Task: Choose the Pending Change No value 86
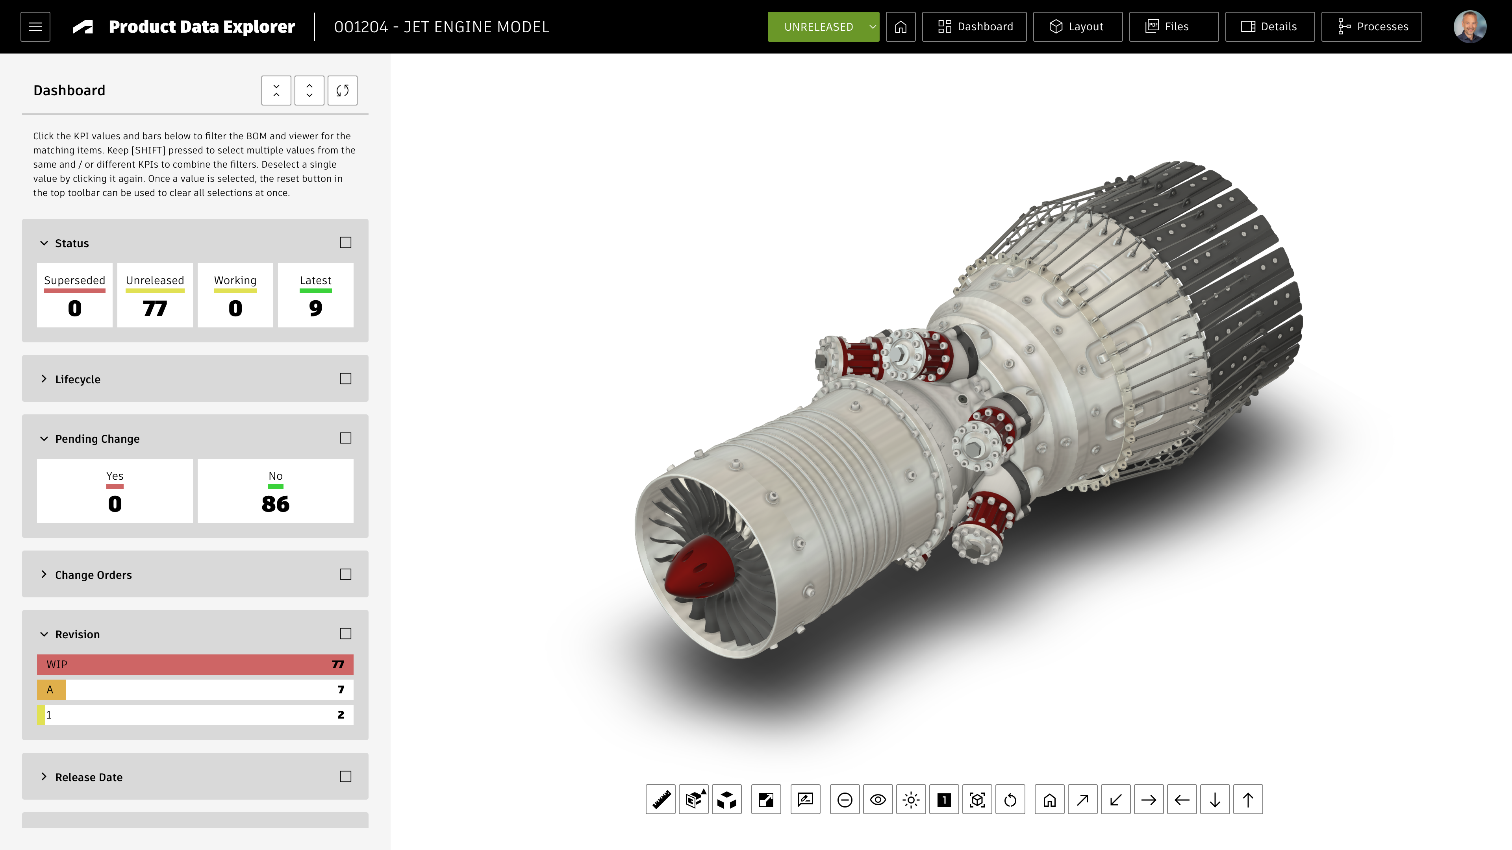275,504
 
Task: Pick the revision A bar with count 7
195,690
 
